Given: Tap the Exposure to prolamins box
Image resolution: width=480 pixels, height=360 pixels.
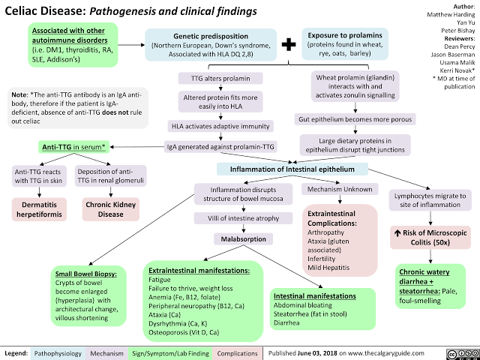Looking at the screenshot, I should (344, 44).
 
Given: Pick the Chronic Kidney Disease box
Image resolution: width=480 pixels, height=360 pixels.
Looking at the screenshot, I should (111, 208).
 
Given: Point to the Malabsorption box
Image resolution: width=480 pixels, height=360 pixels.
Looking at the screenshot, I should (238, 240).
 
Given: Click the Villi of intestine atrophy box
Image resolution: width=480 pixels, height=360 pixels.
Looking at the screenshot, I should (237, 219).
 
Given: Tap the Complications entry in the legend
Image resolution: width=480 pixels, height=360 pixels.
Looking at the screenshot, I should (239, 352).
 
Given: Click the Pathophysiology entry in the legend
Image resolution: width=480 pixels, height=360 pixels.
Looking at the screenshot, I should (58, 352).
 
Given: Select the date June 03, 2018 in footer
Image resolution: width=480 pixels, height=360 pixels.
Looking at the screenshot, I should (318, 352).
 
